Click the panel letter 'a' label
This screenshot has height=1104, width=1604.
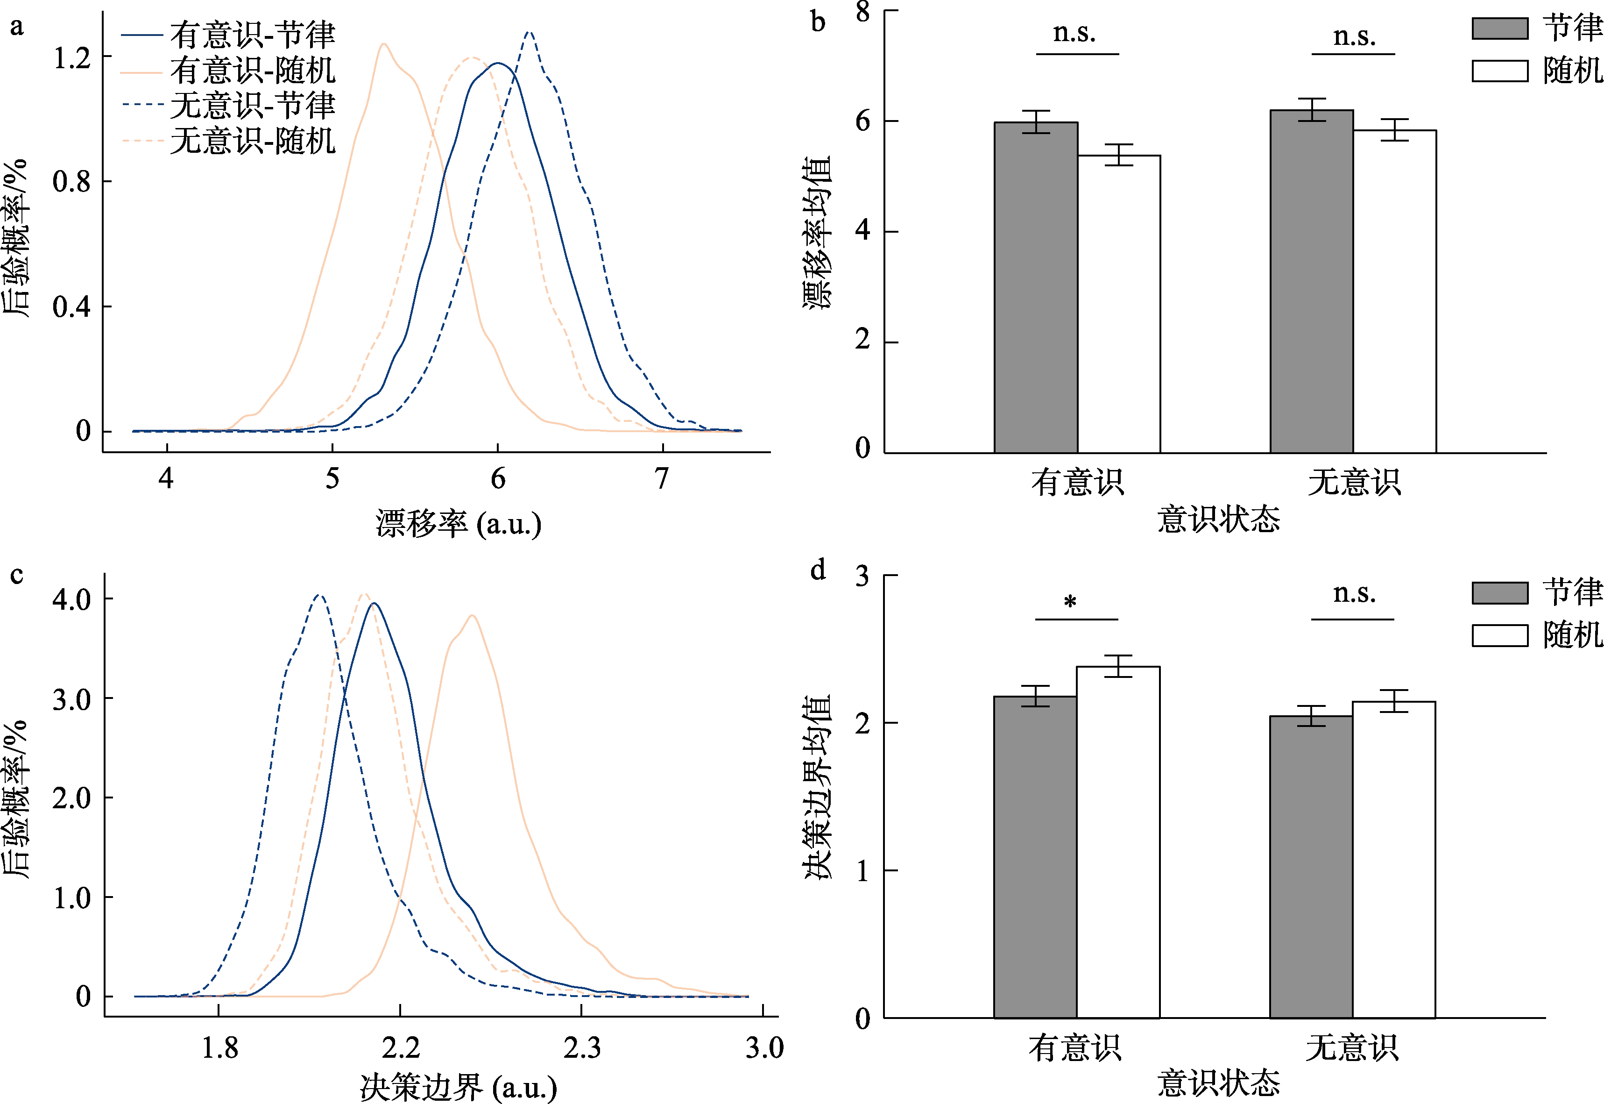(x=17, y=26)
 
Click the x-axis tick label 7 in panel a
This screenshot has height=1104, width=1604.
(x=662, y=478)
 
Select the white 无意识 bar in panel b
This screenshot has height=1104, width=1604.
(x=1394, y=291)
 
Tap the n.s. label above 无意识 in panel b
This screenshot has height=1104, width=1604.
(x=1354, y=36)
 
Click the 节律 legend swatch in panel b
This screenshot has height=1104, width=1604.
(x=1499, y=29)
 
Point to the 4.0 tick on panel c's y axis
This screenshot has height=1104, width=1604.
(x=72, y=599)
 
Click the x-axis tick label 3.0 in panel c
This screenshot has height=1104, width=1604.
(x=764, y=1048)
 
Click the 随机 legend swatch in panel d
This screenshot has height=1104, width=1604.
(x=1499, y=635)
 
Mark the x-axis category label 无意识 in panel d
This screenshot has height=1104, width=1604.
(x=1352, y=1048)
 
